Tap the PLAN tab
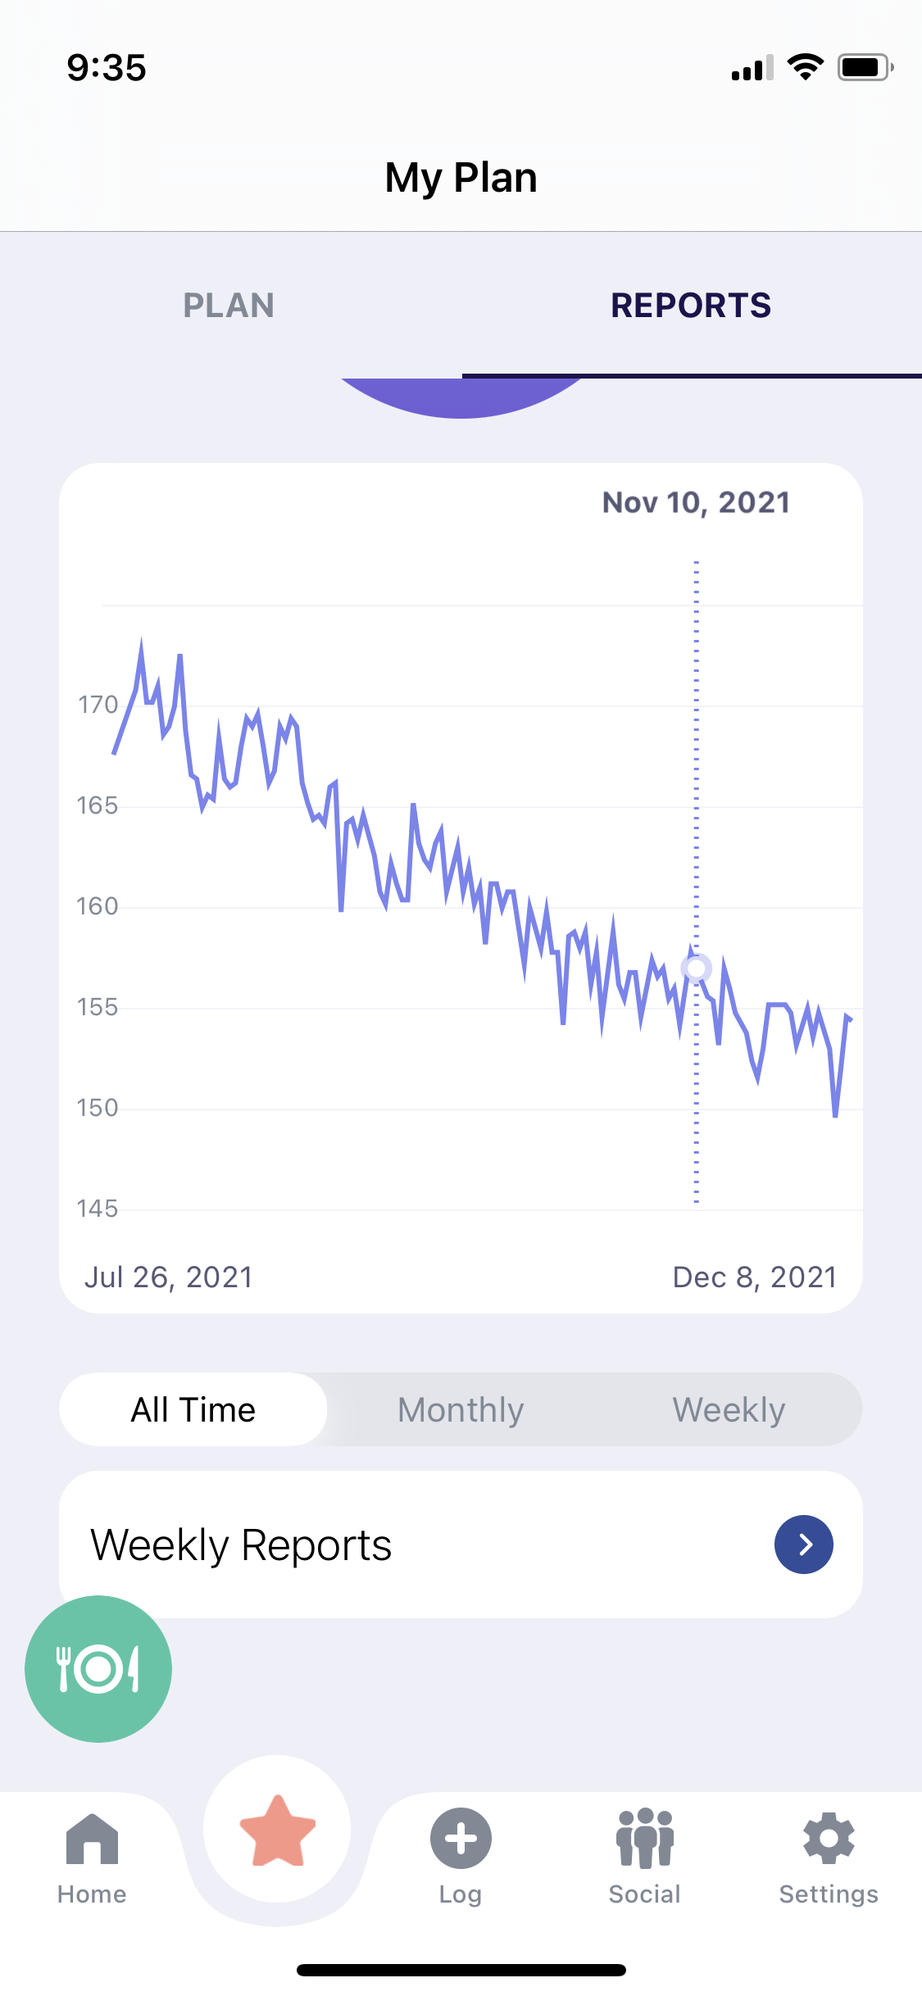(x=229, y=306)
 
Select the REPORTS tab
(x=691, y=306)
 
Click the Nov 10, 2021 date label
(x=696, y=502)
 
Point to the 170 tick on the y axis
(x=98, y=705)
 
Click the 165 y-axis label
(x=98, y=805)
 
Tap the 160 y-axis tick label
(x=98, y=906)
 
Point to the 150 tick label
(x=98, y=1108)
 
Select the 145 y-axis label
(x=98, y=1209)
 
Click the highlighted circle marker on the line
(x=697, y=969)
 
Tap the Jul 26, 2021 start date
(x=169, y=1277)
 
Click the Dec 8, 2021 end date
(x=754, y=1277)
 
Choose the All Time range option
(x=193, y=1410)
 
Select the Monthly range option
(x=461, y=1410)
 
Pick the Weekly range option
(x=729, y=1410)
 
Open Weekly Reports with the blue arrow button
(x=804, y=1545)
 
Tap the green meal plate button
(x=98, y=1669)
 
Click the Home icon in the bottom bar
(x=92, y=1840)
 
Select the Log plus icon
(x=461, y=1839)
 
